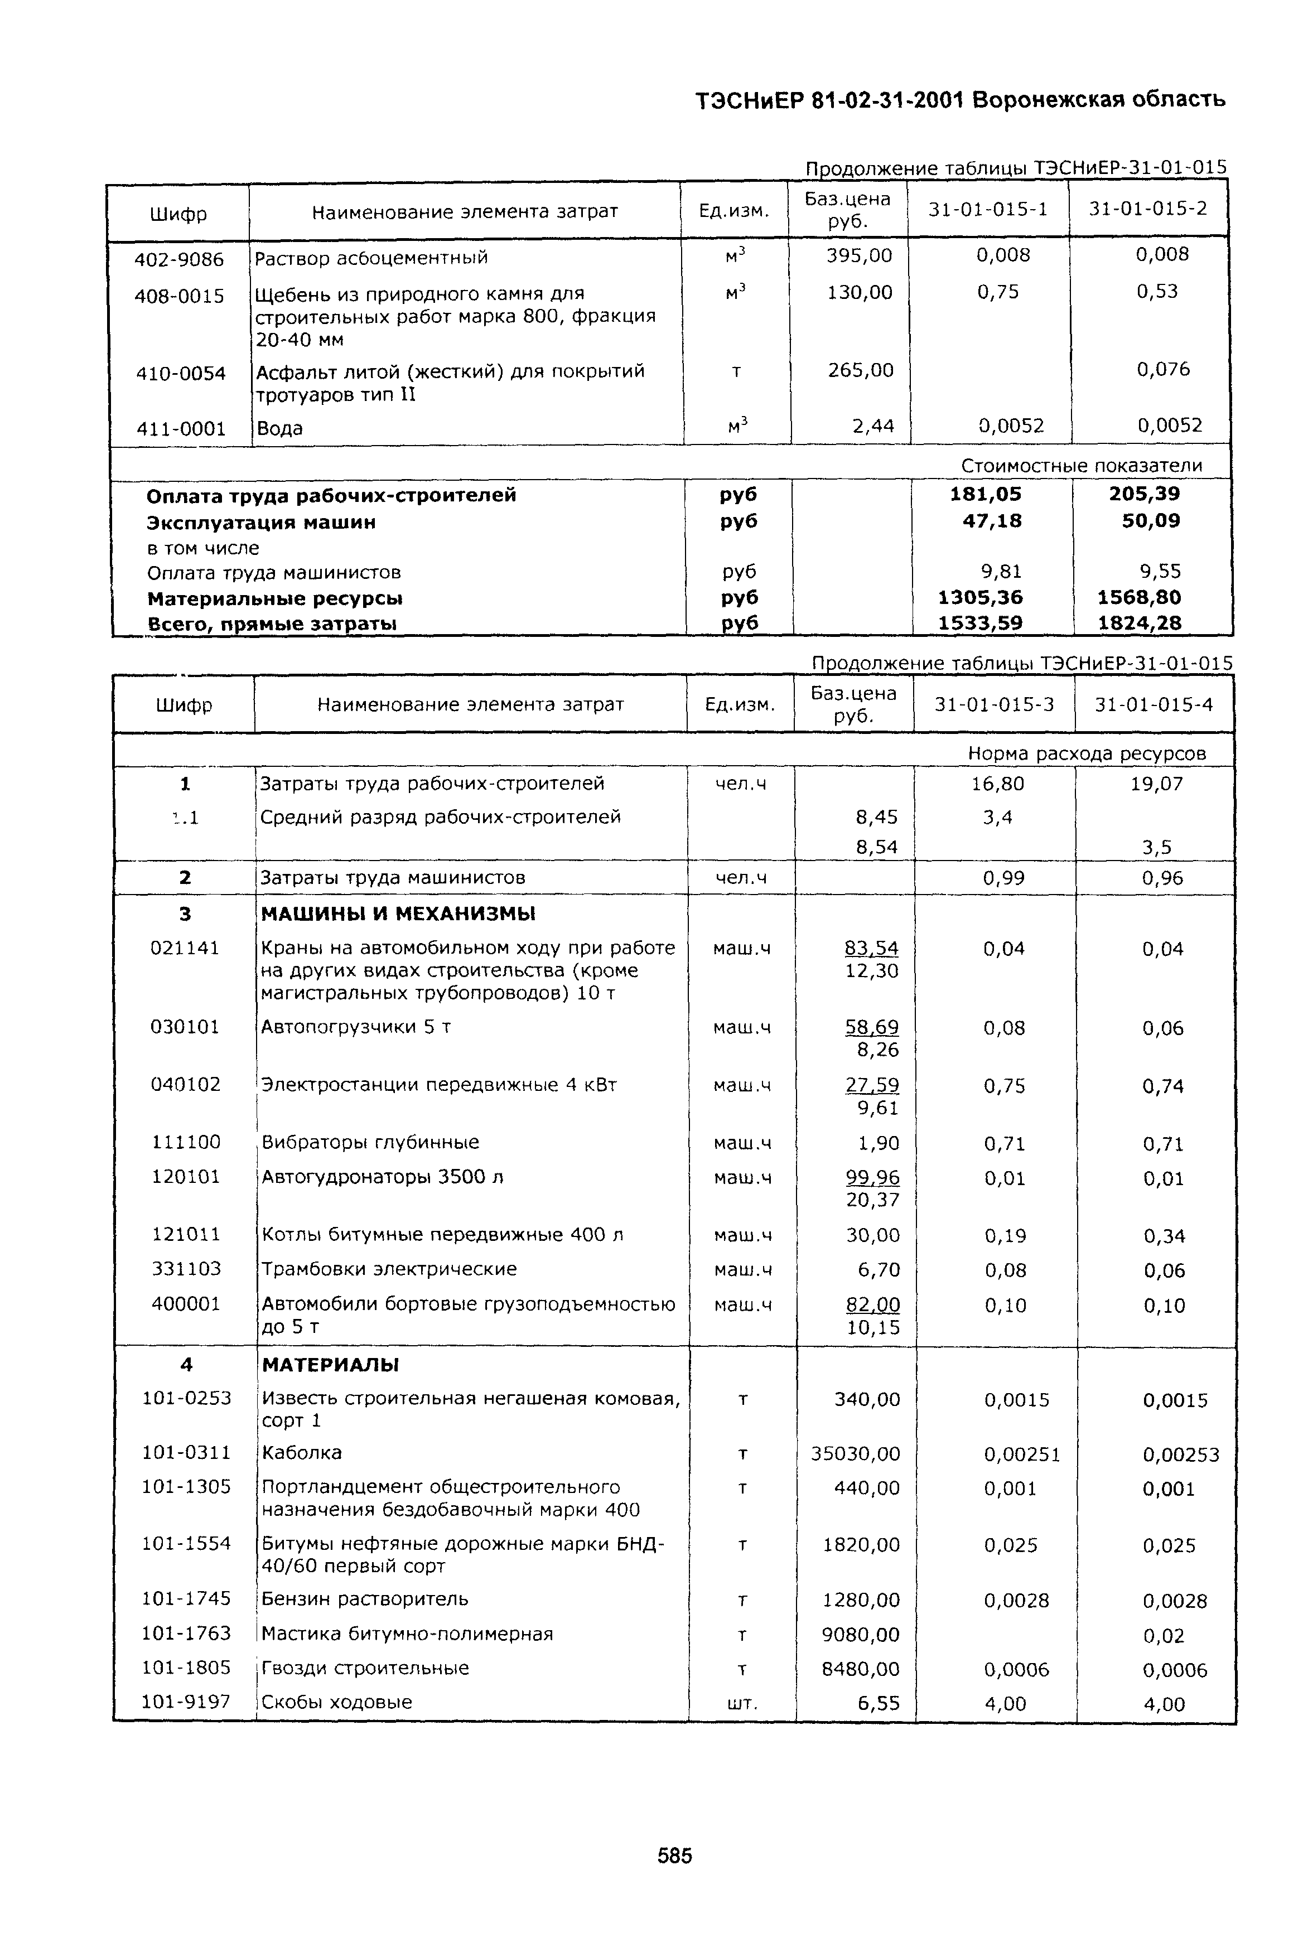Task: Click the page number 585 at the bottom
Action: [x=674, y=1855]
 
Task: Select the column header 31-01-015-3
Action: [x=994, y=704]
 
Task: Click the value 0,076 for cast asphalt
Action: [x=1164, y=369]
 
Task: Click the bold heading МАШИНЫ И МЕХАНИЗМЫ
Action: [x=398, y=914]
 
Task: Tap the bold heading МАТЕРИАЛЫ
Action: [x=331, y=1365]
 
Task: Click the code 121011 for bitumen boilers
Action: [x=186, y=1234]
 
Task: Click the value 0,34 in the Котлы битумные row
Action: [x=1164, y=1236]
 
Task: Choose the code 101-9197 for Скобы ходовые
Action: [x=186, y=1701]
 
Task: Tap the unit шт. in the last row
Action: [x=742, y=1703]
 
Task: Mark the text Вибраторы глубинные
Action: [x=370, y=1142]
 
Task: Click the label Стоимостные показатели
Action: [x=1081, y=465]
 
